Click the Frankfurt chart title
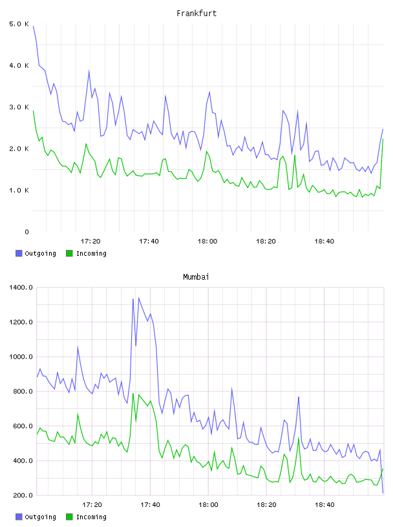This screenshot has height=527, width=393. pos(197,13)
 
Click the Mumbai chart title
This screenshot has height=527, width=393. pos(196,276)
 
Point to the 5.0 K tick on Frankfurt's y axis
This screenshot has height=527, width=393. pos(19,24)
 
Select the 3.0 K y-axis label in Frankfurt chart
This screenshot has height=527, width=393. pos(19,107)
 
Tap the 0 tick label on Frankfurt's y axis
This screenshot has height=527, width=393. pos(27,232)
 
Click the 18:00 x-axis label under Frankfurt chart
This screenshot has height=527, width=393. pos(207,242)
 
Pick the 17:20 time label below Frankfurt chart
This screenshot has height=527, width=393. pos(90,242)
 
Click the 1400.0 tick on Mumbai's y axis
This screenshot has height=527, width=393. pos(21,287)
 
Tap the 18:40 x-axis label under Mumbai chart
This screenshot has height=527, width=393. pos(324,505)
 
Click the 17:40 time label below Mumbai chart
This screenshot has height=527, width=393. pos(150,505)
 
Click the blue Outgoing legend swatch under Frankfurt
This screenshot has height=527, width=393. pos(19,253)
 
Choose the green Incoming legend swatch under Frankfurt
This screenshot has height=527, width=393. pos(69,253)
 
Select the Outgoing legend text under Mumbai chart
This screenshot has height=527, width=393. pos(40,517)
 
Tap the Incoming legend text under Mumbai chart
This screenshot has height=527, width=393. pos(91,517)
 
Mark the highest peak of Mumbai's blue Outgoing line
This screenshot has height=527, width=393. pos(138,298)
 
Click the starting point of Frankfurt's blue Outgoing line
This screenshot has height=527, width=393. pos(33,26)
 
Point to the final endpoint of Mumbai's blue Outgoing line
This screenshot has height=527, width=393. pos(383,493)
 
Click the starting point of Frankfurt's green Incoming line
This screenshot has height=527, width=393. pos(33,110)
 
